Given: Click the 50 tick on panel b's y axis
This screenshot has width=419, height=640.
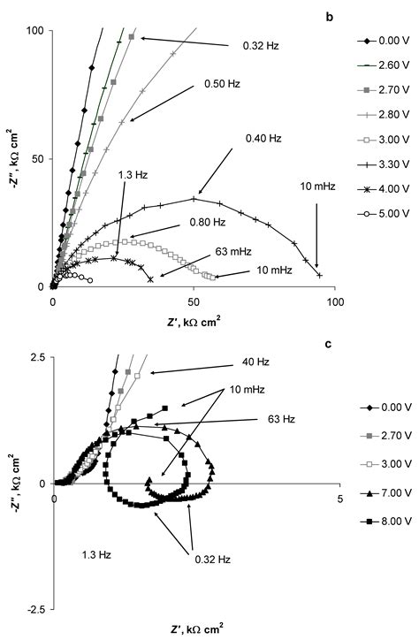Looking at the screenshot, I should coord(37,159).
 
